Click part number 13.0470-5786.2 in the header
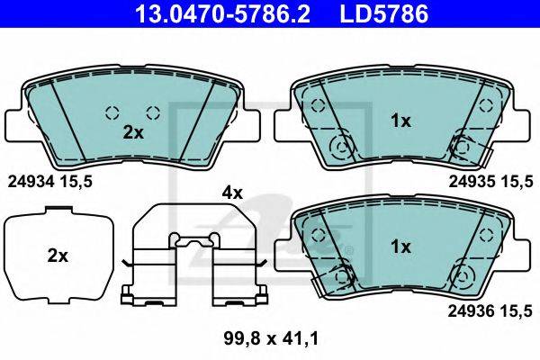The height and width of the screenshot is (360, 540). [x=222, y=13]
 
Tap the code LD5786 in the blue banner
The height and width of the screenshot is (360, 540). [x=384, y=13]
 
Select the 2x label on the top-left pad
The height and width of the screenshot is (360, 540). [x=133, y=132]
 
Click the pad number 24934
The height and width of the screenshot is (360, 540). [x=31, y=182]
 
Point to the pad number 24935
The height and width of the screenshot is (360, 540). [x=472, y=182]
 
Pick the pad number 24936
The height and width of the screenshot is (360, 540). [x=471, y=311]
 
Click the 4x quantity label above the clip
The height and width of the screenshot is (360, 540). [x=232, y=193]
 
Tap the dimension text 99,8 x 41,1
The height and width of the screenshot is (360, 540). [x=272, y=338]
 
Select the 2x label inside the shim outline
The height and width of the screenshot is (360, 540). [x=58, y=256]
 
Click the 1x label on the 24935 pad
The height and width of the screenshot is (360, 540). [x=400, y=121]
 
